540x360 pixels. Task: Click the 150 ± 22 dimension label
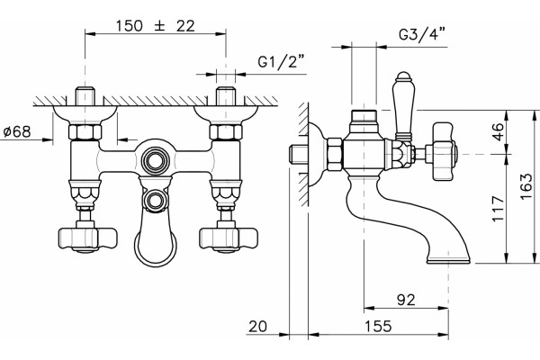click(x=155, y=26)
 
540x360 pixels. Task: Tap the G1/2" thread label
click(x=282, y=62)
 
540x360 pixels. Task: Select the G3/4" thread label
click(x=422, y=34)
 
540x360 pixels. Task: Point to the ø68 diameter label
click(x=17, y=131)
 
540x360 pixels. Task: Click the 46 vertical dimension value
click(x=499, y=131)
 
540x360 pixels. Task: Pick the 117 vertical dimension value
click(x=499, y=209)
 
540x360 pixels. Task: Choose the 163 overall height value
click(x=526, y=186)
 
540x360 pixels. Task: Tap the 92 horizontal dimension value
click(x=406, y=300)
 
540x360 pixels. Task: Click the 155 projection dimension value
click(x=378, y=326)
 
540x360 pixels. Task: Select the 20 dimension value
click(x=257, y=326)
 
